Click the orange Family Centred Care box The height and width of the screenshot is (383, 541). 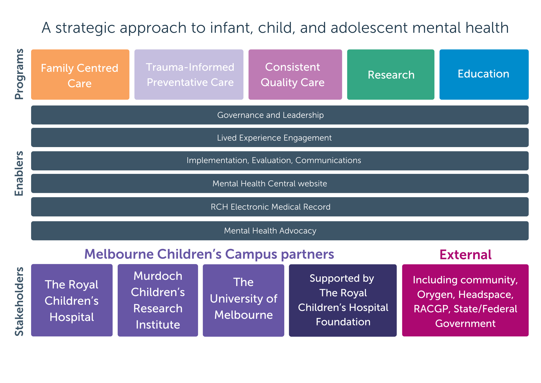tap(80, 74)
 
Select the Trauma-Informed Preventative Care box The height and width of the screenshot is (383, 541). tap(189, 74)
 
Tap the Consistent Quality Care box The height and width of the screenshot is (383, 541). tap(295, 74)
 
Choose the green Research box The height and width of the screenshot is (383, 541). tap(391, 74)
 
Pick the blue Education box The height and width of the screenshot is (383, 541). tap(484, 74)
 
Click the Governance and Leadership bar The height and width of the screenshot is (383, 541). tap(280, 115)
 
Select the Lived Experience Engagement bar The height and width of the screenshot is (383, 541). tap(280, 138)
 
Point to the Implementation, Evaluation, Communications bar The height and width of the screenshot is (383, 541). tap(280, 161)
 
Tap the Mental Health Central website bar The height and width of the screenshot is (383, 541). tap(280, 183)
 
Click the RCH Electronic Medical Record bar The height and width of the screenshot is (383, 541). tap(280, 207)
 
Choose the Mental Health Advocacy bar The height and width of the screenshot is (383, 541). tap(280, 231)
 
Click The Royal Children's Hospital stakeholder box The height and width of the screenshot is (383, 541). tap(72, 300)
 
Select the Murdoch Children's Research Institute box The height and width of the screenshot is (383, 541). tap(158, 300)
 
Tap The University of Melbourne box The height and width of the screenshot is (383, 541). tap(243, 300)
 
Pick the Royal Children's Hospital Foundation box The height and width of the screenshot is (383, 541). tap(343, 300)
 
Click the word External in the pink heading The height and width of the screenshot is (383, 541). tap(466, 255)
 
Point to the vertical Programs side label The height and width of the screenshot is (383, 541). tap(19, 74)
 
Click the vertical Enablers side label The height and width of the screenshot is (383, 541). tap(19, 173)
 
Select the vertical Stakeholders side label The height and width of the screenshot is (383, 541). tap(19, 301)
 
